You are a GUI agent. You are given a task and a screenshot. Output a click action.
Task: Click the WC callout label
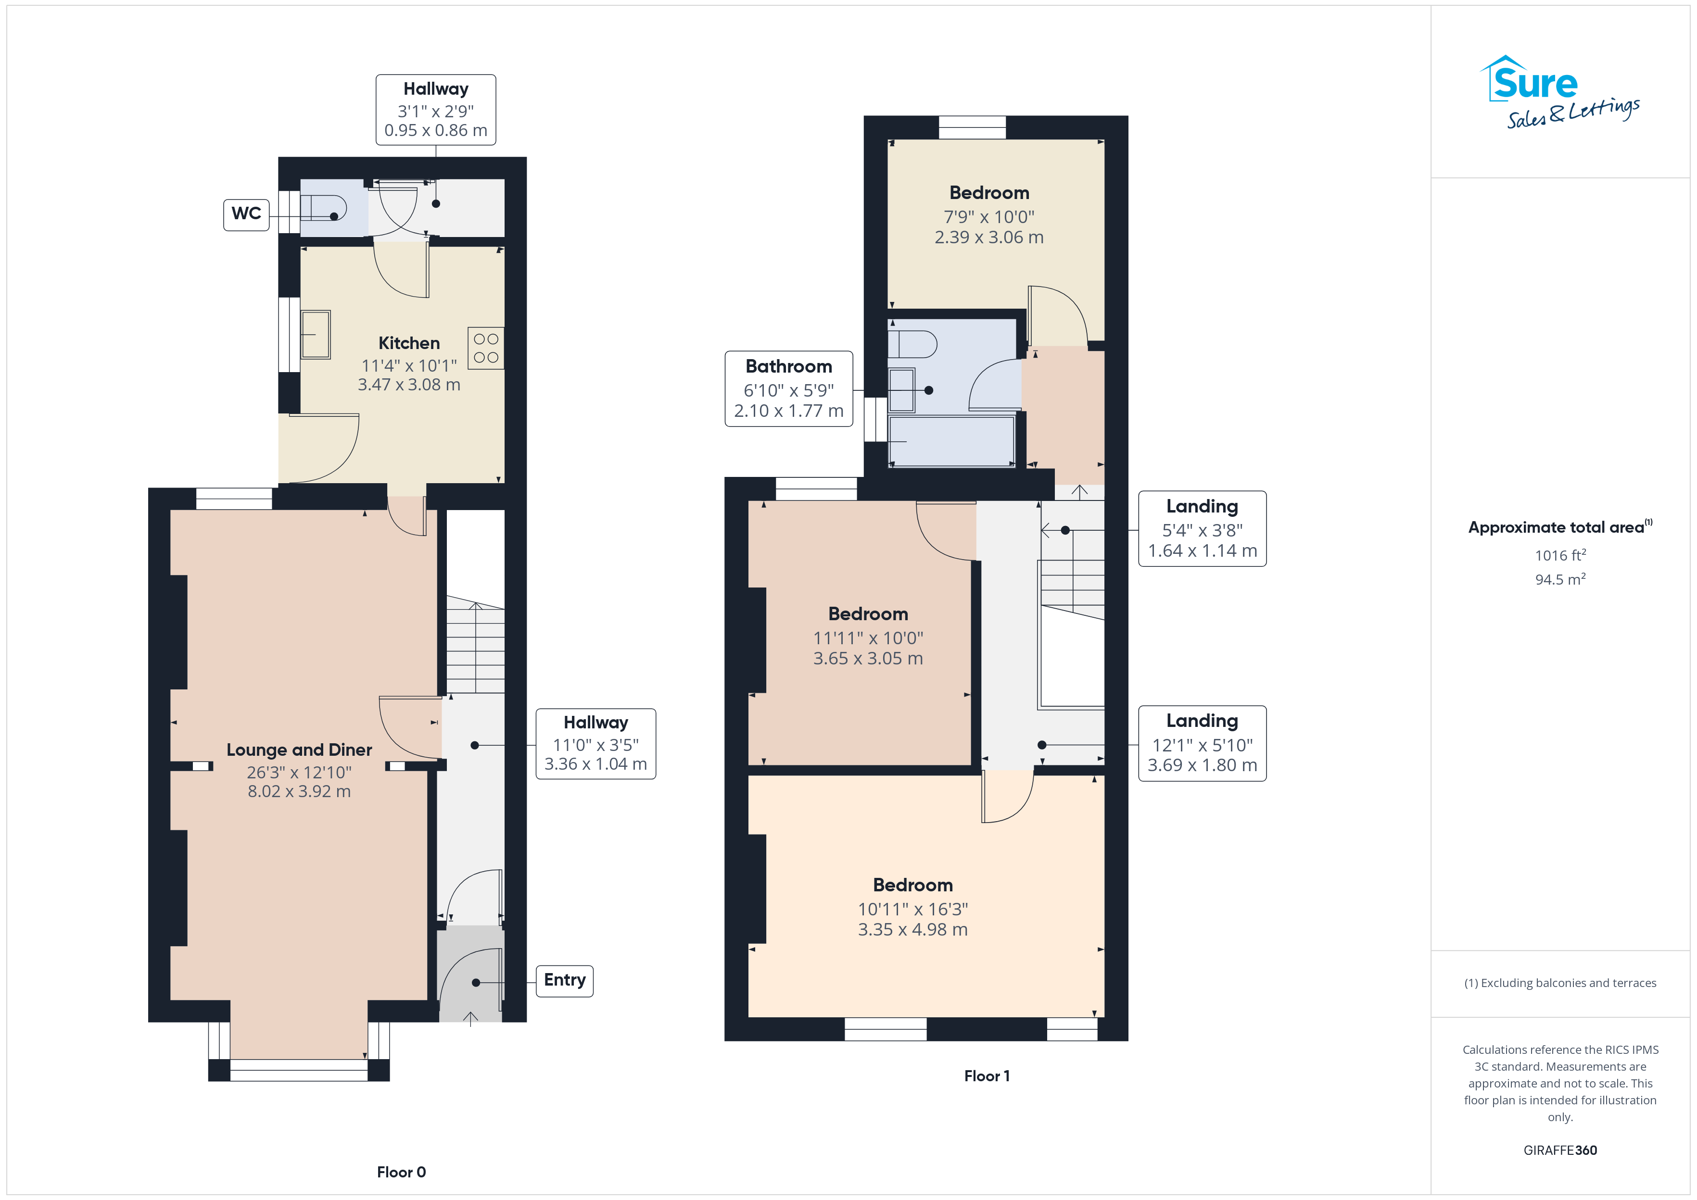[x=246, y=213]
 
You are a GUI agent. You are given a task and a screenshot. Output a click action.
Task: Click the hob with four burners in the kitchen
[x=486, y=348]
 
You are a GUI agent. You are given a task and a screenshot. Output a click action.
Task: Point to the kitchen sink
[x=316, y=335]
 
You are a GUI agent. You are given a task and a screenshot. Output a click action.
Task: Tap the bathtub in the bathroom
[x=951, y=441]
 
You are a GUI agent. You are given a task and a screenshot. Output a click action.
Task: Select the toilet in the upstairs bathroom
[x=912, y=344]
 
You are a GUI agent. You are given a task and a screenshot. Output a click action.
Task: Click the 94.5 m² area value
[x=1560, y=579]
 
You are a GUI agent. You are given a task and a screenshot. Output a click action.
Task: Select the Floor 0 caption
[x=401, y=1172]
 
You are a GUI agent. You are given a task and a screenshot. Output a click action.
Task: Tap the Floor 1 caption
[x=987, y=1076]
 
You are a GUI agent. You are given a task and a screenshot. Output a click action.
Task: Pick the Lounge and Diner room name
[x=299, y=750]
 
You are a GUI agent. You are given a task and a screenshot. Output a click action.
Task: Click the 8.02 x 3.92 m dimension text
[x=299, y=791]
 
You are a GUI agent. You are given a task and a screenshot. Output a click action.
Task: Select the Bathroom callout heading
[x=789, y=366]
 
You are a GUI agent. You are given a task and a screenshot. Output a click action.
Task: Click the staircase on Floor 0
[x=475, y=645]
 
